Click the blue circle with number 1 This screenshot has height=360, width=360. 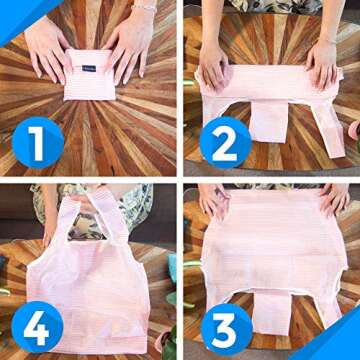pos(38,143)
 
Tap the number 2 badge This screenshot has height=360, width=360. pos(226,143)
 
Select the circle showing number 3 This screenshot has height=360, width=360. pos(227,330)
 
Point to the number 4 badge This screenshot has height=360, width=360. pos(37,327)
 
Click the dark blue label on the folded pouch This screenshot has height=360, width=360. pos(89,68)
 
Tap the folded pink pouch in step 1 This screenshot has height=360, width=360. pos(89,75)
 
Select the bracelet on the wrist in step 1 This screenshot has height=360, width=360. pos(144,8)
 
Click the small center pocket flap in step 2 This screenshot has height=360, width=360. pos(269,122)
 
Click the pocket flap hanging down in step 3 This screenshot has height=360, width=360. pos(272,313)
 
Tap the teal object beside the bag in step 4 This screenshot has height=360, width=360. pos(172,268)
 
